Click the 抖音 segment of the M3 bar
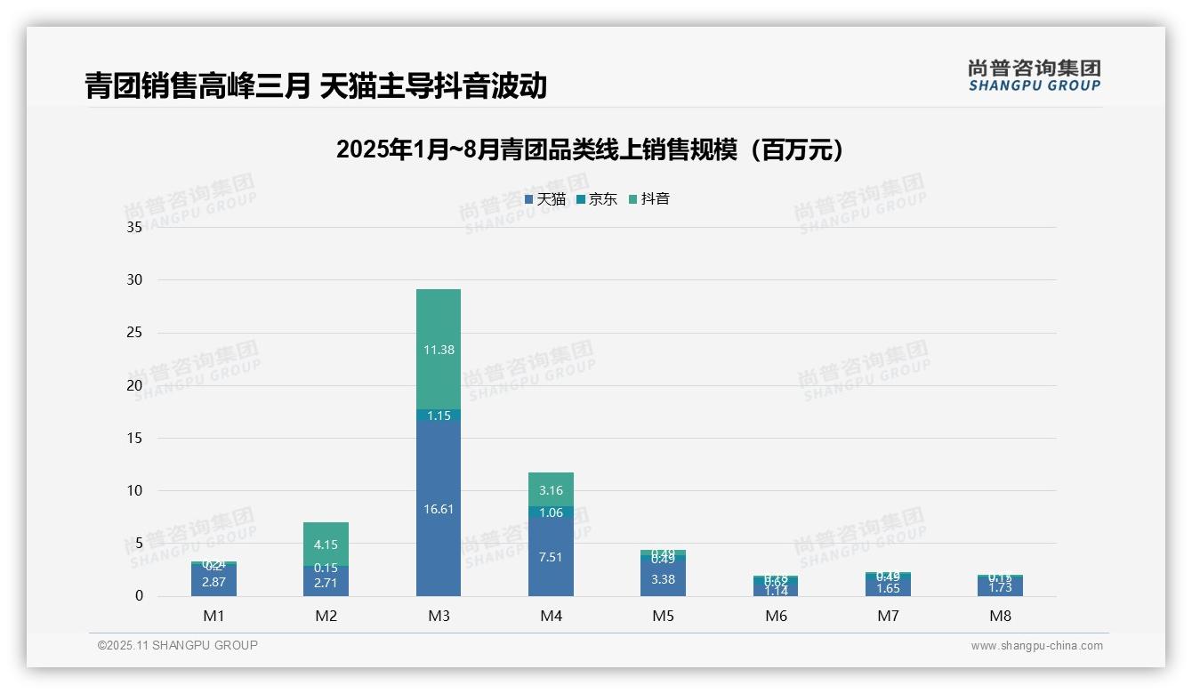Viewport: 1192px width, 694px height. tap(439, 349)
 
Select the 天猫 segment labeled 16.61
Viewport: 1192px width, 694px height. tap(439, 509)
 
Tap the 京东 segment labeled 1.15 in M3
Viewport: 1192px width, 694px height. tap(439, 416)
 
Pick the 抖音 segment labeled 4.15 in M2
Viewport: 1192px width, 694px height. tap(326, 545)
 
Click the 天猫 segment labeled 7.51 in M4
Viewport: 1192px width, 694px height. tap(551, 557)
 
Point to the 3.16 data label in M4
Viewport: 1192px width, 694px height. tap(551, 490)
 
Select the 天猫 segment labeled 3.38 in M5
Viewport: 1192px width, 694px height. tap(663, 579)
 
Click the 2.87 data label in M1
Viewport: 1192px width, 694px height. tap(213, 582)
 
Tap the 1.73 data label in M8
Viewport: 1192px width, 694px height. tap(1000, 587)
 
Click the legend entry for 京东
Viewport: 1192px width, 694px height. tap(597, 199)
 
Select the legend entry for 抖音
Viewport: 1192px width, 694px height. tap(649, 199)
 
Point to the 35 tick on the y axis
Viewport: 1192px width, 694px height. tap(134, 227)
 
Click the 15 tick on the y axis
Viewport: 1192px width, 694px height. tap(134, 438)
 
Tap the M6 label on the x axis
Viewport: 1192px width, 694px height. tap(776, 616)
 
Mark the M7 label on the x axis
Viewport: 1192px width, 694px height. tap(888, 616)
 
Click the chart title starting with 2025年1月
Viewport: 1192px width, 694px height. tap(590, 149)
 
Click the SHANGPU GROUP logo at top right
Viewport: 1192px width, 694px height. tap(1034, 76)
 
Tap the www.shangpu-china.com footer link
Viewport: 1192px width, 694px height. tap(1036, 646)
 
